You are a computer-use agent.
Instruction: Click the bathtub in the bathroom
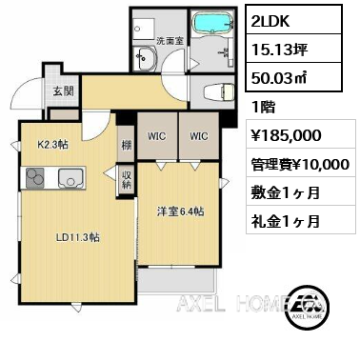[x=213, y=22]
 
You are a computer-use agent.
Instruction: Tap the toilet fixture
[x=218, y=92]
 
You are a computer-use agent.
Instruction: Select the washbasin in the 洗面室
[x=145, y=58]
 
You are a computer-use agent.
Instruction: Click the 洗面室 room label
[x=170, y=41]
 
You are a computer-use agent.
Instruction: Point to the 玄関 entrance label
[x=64, y=91]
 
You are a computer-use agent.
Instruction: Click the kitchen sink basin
[x=70, y=178]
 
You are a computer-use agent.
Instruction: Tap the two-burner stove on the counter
[x=35, y=178]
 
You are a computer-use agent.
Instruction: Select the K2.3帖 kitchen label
[x=52, y=145]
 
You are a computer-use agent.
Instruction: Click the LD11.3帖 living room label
[x=78, y=237]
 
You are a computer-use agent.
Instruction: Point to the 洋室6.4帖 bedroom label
[x=180, y=211]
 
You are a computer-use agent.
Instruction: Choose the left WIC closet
[x=157, y=136]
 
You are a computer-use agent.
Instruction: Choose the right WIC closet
[x=199, y=136]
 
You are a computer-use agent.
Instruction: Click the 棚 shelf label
[x=127, y=146]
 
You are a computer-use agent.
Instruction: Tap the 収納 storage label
[x=127, y=180]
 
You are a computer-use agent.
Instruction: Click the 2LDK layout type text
[x=270, y=21]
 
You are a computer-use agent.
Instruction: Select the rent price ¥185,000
[x=286, y=135]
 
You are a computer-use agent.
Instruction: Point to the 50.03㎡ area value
[x=279, y=78]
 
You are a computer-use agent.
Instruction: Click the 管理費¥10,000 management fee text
[x=300, y=165]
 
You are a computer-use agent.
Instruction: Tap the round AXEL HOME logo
[x=307, y=306]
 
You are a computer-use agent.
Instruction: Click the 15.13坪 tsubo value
[x=279, y=50]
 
